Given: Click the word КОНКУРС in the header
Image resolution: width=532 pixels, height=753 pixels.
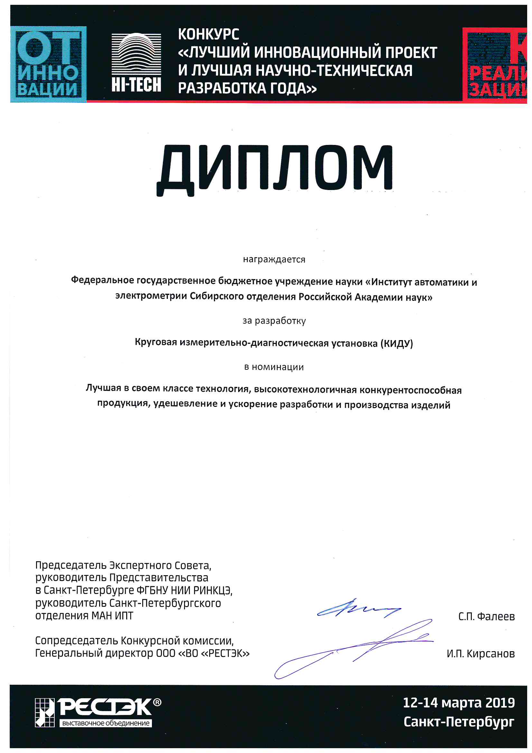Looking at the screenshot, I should (209, 34).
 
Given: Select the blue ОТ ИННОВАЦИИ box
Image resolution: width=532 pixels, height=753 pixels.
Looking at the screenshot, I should (48, 64).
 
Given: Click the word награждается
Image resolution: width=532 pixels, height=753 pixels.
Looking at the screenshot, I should (274, 260).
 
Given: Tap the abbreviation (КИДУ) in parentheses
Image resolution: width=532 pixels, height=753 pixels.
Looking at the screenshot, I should (397, 343).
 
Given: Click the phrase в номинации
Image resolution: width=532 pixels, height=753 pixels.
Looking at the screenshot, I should (274, 367).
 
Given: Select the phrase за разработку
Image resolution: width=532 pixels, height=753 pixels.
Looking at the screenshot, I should (274, 320).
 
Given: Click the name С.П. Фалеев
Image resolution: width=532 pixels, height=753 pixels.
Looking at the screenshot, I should (486, 616).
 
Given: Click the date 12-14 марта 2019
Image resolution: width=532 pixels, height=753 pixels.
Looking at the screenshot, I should (459, 702).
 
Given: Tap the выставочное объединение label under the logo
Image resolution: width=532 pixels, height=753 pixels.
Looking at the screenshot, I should (106, 723).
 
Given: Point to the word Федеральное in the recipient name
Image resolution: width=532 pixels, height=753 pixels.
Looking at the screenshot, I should (102, 280).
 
